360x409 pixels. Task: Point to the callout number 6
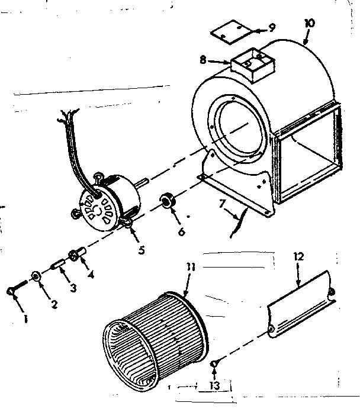[x=181, y=233]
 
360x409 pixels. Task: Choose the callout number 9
[x=271, y=27]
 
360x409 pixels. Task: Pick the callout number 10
[x=310, y=23]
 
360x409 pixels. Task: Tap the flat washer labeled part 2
[x=37, y=276]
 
